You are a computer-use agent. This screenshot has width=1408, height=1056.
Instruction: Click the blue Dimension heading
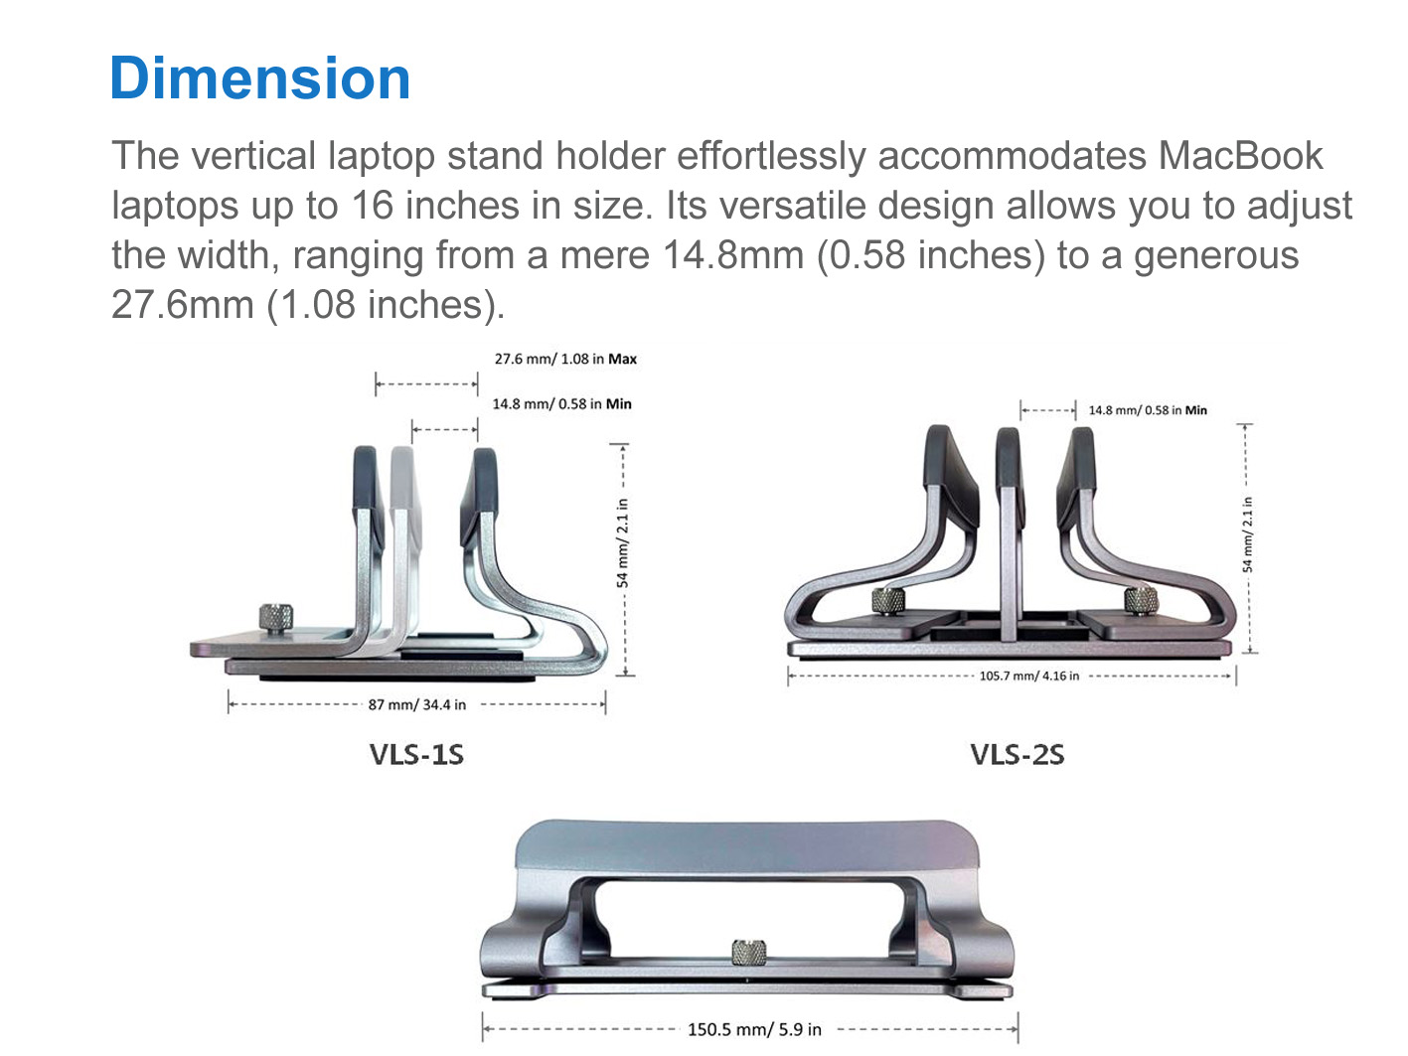tap(259, 78)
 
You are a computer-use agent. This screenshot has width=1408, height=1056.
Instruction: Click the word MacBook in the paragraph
tap(1241, 156)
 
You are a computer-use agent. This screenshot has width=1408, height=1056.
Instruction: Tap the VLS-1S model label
tap(416, 755)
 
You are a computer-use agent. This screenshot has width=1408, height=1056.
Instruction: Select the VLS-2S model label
tap(1017, 755)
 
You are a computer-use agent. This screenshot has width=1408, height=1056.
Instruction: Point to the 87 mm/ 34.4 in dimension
tap(417, 704)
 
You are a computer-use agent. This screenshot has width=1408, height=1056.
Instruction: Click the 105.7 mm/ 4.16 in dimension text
tap(1028, 676)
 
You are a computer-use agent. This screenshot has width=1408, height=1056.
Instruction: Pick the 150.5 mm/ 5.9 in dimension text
tap(754, 1030)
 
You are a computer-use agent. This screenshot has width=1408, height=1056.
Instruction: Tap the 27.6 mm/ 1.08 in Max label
tap(565, 359)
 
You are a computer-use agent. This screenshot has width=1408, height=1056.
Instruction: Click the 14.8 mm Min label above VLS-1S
tap(562, 404)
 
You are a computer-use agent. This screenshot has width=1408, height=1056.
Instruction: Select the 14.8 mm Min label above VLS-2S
tap(1148, 410)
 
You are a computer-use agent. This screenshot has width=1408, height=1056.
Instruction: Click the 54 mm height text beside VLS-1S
tap(622, 542)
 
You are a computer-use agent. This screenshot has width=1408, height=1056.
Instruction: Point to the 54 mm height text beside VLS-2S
tap(1247, 534)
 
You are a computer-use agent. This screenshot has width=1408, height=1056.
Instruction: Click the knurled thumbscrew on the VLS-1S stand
tap(276, 618)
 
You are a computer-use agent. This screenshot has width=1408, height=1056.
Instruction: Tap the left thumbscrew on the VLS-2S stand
tap(888, 601)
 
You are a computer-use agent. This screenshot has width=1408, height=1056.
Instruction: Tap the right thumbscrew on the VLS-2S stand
tap(1141, 600)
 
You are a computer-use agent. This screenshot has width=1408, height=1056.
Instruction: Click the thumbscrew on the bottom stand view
tap(748, 952)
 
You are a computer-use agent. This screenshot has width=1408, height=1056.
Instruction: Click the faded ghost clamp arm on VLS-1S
tap(404, 551)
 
